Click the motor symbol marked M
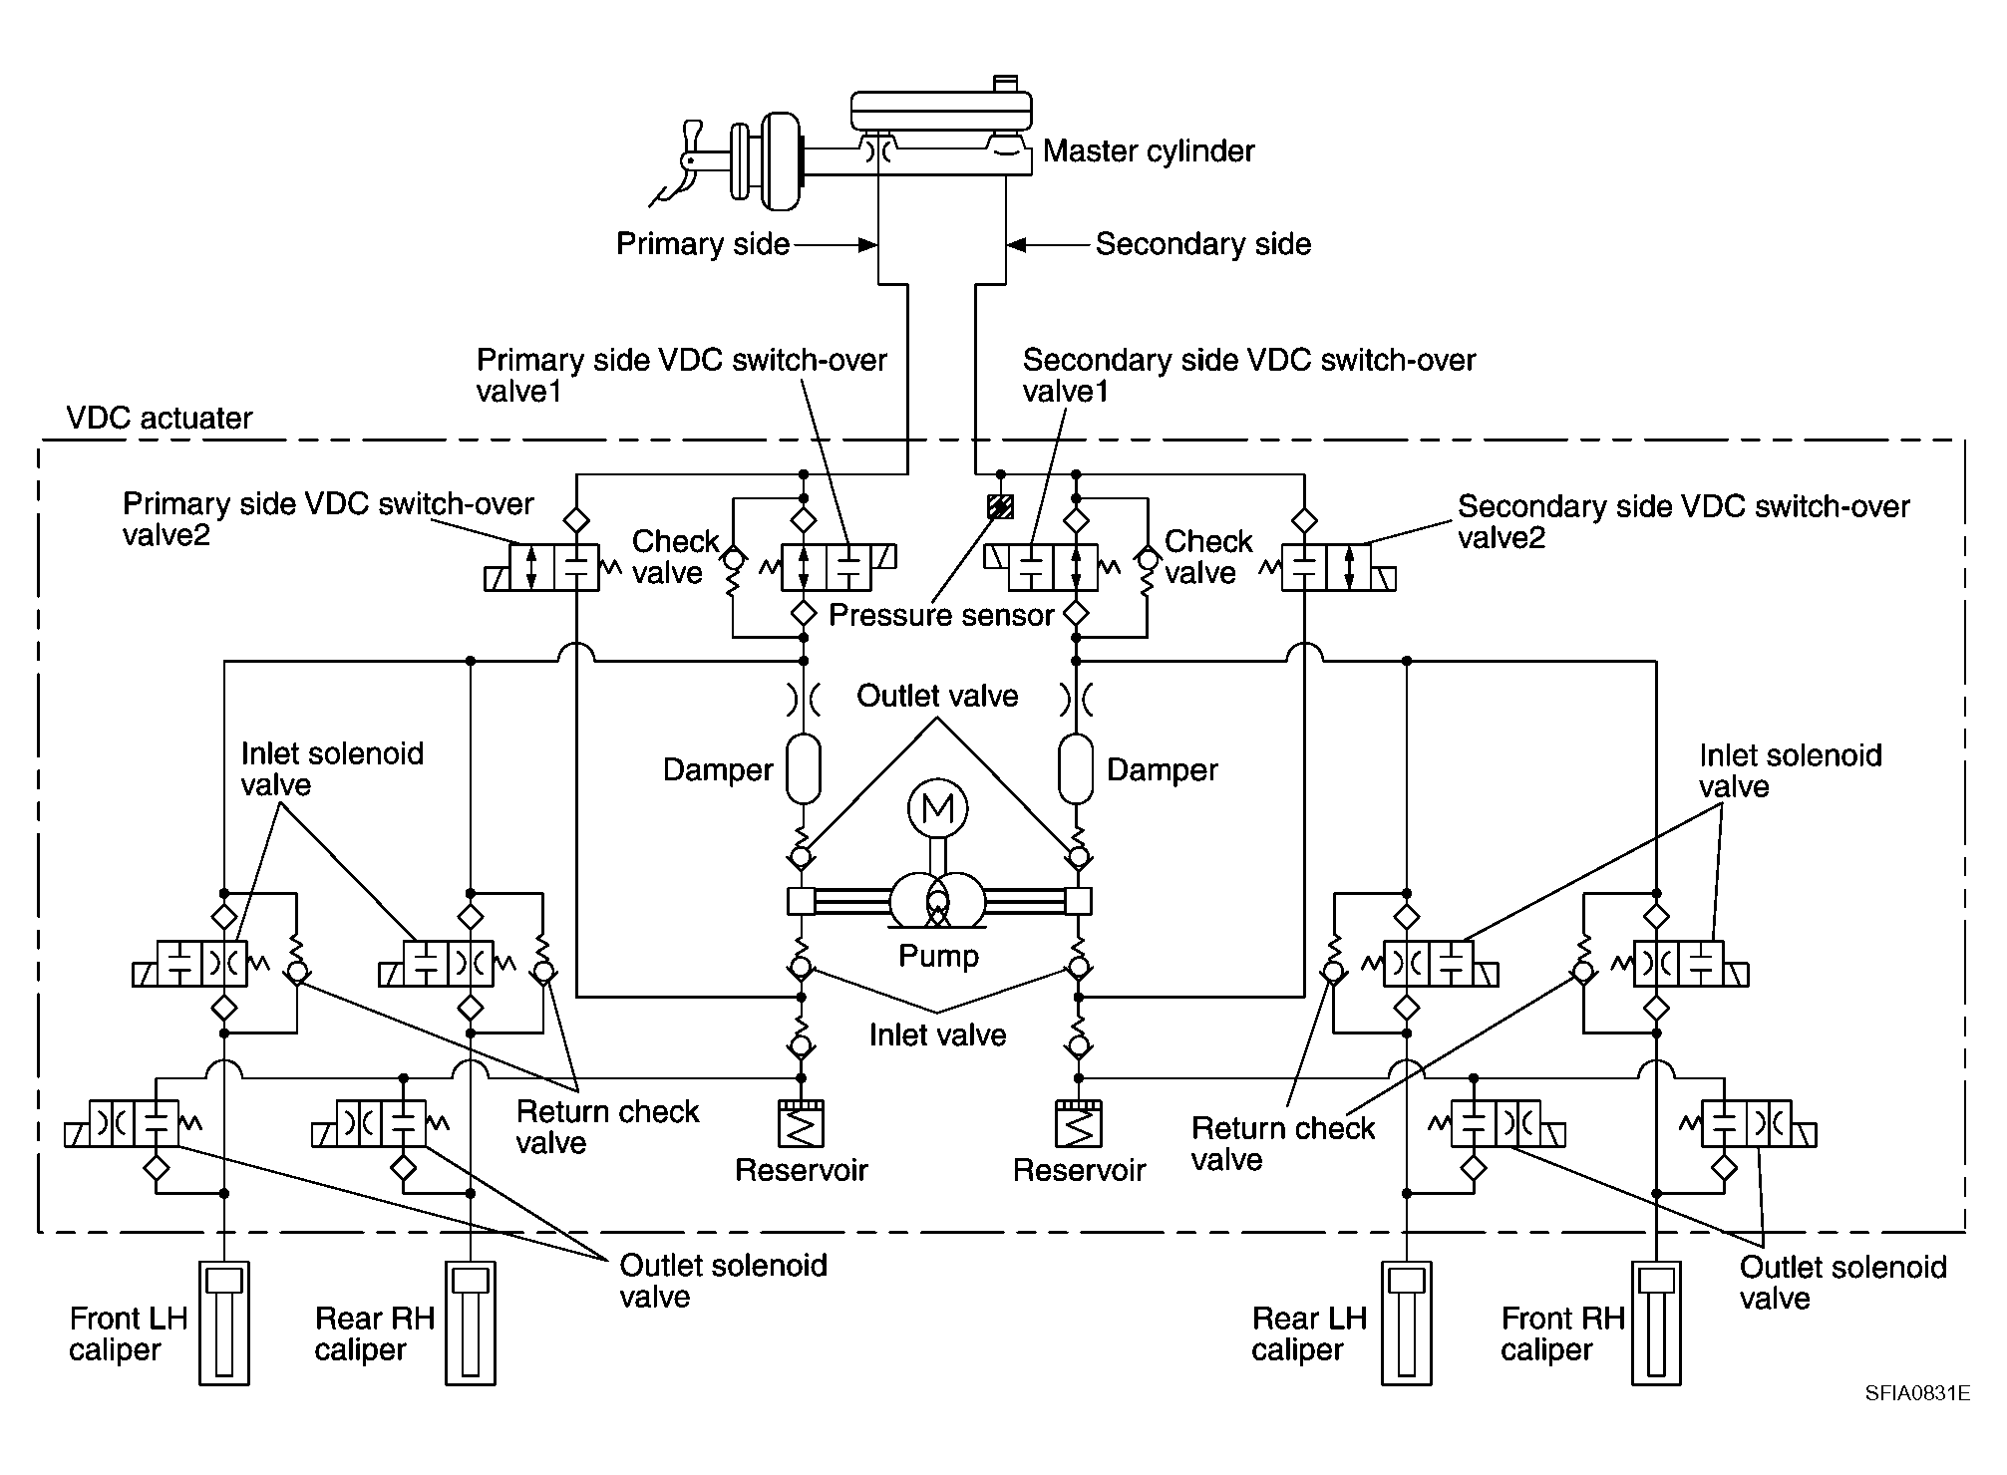click(x=937, y=808)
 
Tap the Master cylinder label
click(x=1149, y=151)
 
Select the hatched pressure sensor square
click(x=1000, y=507)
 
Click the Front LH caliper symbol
click(x=224, y=1324)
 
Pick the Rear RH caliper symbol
click(x=471, y=1324)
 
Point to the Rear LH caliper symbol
click(x=1407, y=1324)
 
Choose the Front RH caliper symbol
click(x=1656, y=1324)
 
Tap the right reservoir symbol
click(x=1078, y=1122)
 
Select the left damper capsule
click(x=803, y=769)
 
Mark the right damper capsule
click(x=1076, y=769)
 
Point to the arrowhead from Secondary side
click(x=1016, y=244)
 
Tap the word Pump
click(x=938, y=956)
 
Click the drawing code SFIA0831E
click(x=1917, y=1393)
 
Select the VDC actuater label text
click(x=160, y=418)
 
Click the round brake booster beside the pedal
click(x=781, y=160)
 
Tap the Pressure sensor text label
click(x=941, y=615)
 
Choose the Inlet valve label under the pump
click(x=937, y=1034)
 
